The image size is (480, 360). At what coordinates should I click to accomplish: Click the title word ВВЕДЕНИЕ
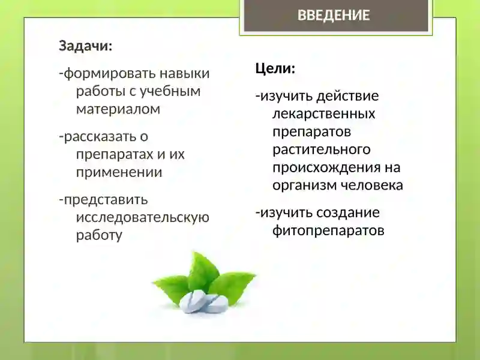pos(334,16)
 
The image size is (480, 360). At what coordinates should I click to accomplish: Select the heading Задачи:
pos(85,46)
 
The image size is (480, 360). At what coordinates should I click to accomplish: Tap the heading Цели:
pos(275,68)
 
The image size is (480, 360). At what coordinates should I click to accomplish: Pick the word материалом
pos(118,109)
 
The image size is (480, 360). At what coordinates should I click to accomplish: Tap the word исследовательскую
pos(143,217)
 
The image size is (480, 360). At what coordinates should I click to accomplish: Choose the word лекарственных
pos(323,113)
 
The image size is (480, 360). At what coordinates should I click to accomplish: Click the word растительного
pos(321,149)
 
